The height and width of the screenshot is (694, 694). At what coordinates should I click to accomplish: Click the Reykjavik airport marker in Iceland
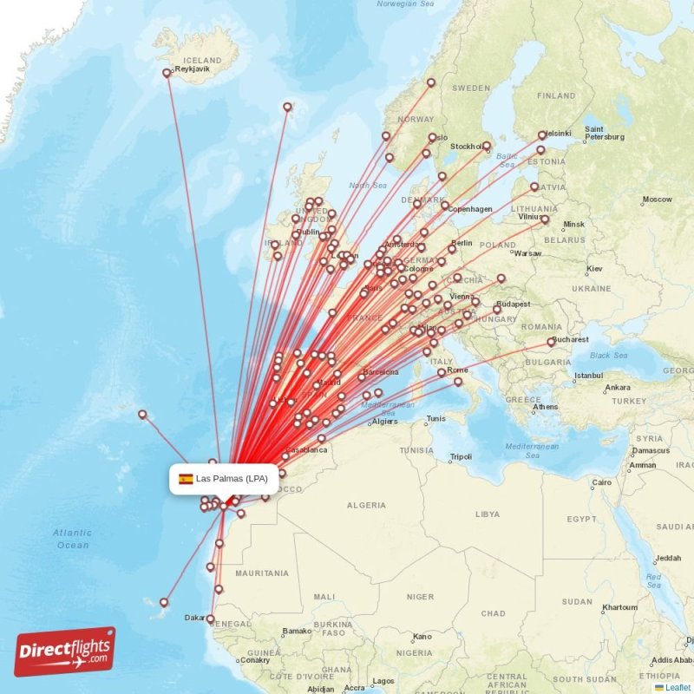click(x=167, y=73)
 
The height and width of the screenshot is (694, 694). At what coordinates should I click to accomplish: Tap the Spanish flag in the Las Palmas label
click(x=186, y=479)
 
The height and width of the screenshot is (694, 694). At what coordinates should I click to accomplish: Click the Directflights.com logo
click(x=64, y=652)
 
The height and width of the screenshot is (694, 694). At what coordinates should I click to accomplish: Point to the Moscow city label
click(x=657, y=200)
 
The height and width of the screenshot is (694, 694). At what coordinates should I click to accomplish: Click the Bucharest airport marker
click(x=551, y=342)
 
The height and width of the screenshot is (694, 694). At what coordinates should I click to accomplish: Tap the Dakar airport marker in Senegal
click(x=211, y=619)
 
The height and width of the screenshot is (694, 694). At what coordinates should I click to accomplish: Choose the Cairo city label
click(x=601, y=482)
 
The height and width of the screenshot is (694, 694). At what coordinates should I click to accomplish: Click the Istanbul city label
click(x=587, y=376)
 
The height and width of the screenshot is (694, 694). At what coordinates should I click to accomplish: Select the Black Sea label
click(x=608, y=356)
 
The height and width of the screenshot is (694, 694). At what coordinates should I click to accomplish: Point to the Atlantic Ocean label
click(x=71, y=539)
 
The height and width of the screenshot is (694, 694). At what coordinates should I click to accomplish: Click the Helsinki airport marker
click(x=542, y=135)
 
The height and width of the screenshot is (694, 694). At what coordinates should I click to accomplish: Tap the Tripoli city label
click(x=461, y=456)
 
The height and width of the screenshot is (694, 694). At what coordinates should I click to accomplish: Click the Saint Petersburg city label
click(x=605, y=133)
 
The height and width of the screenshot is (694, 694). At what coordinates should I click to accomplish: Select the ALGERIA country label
click(x=366, y=505)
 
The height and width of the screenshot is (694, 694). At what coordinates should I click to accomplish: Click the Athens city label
click(x=546, y=406)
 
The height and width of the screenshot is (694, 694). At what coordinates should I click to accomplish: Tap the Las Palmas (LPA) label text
click(x=232, y=479)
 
